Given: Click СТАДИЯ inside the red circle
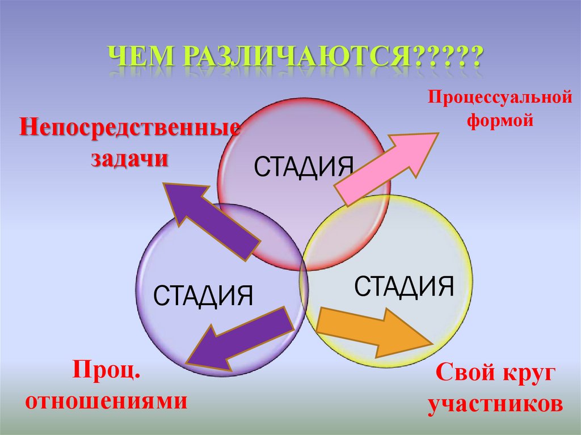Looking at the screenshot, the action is coord(304,167).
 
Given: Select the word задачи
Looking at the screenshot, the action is coord(129,158).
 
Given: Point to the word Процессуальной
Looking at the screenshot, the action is coord(499,98).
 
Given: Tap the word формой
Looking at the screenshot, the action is coord(500,120).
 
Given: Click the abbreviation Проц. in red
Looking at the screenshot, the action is coord(106,373).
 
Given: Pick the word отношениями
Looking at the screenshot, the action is coord(107,401).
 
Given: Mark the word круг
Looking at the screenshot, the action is coord(525,375).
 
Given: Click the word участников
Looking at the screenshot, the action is coord(495,403).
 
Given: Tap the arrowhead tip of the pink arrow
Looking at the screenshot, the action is coord(438,134).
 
